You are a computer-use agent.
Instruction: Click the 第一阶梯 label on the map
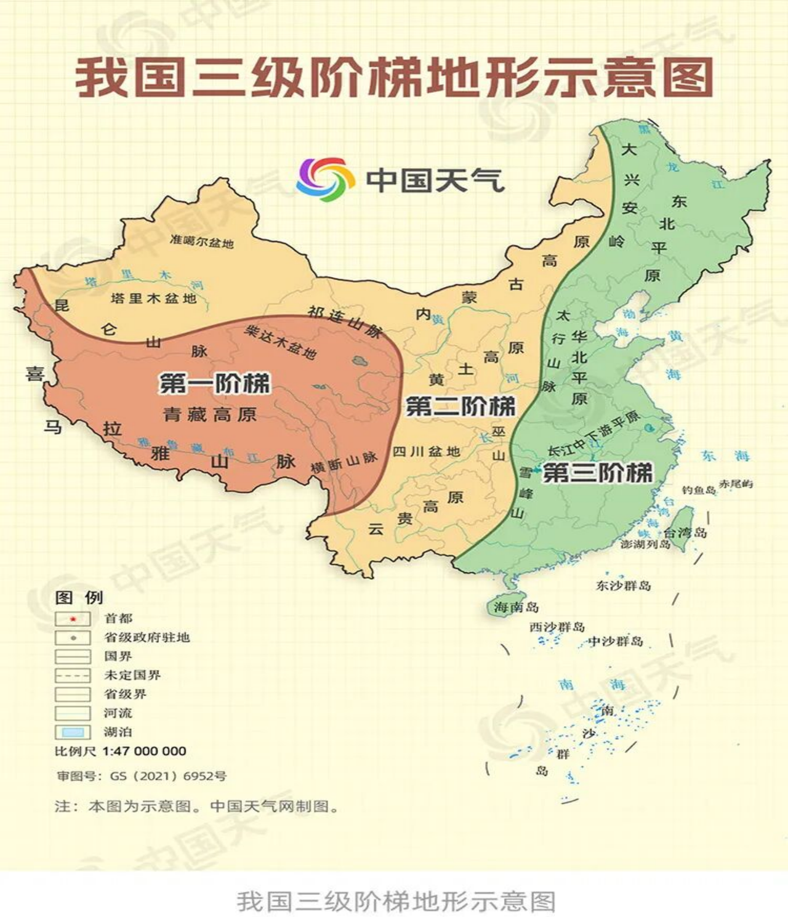pyautogui.click(x=214, y=383)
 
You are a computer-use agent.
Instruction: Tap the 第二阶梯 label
pyautogui.click(x=460, y=406)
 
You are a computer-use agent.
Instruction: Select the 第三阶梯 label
pyautogui.click(x=597, y=473)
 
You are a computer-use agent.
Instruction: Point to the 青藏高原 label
pyautogui.click(x=210, y=414)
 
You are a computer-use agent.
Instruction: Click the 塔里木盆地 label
pyautogui.click(x=153, y=299)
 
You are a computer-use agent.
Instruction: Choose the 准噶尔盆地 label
pyautogui.click(x=202, y=241)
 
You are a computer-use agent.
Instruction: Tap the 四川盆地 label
pyautogui.click(x=427, y=451)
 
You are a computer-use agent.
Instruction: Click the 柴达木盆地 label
pyautogui.click(x=281, y=342)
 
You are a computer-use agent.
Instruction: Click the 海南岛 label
pyautogui.click(x=516, y=607)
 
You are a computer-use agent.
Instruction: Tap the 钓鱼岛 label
pyautogui.click(x=699, y=490)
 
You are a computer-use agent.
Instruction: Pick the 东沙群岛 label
pyautogui.click(x=623, y=585)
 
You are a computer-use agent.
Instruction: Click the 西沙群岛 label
pyautogui.click(x=557, y=627)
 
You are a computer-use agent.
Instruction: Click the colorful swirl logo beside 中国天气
pyautogui.click(x=325, y=179)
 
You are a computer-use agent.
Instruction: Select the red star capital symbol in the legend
pyautogui.click(x=73, y=619)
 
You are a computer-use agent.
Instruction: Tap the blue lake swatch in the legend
pyautogui.click(x=73, y=732)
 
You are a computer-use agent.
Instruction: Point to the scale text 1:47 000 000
pyautogui.click(x=144, y=751)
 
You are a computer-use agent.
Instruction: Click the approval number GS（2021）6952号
pyautogui.click(x=168, y=776)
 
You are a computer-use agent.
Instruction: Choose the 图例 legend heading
pyautogui.click(x=79, y=597)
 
